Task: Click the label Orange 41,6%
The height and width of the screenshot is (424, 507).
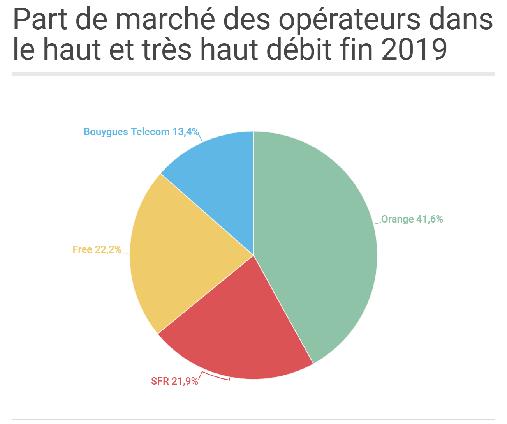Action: (x=412, y=219)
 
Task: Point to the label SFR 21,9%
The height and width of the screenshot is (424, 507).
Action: (x=174, y=381)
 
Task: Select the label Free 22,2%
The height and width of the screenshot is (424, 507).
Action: (x=97, y=249)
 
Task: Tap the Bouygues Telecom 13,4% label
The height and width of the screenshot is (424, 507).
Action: (x=141, y=132)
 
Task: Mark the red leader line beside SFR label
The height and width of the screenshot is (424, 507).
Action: (x=215, y=376)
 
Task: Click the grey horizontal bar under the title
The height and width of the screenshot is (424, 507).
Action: (x=253, y=74)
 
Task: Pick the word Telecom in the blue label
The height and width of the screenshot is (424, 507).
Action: (x=150, y=132)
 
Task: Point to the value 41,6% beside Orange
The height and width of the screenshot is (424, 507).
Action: (x=430, y=219)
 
